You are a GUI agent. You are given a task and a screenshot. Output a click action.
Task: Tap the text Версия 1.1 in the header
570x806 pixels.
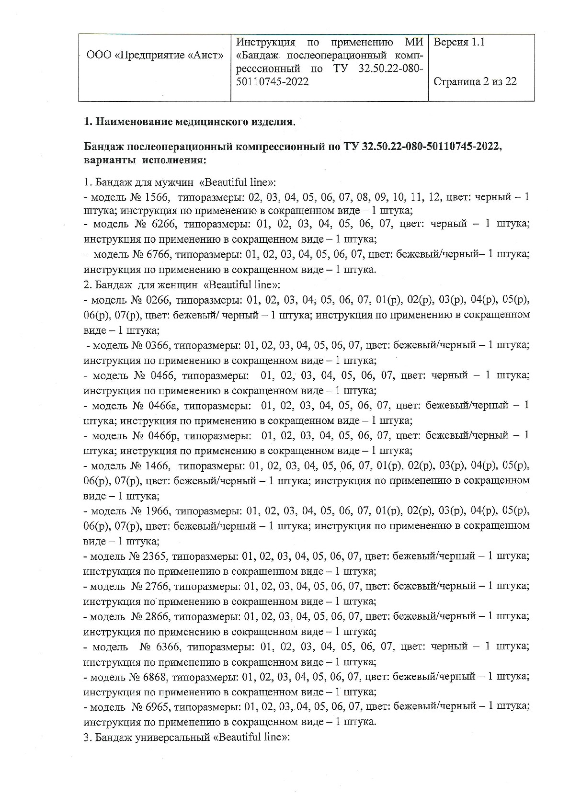[459, 42]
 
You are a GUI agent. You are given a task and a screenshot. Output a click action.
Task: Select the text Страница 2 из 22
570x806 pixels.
[475, 81]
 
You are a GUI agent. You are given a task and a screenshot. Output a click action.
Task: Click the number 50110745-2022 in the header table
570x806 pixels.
[272, 81]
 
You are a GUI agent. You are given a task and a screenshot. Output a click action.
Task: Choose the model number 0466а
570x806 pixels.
[163, 405]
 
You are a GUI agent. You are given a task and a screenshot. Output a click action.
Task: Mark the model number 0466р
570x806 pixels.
[163, 435]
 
